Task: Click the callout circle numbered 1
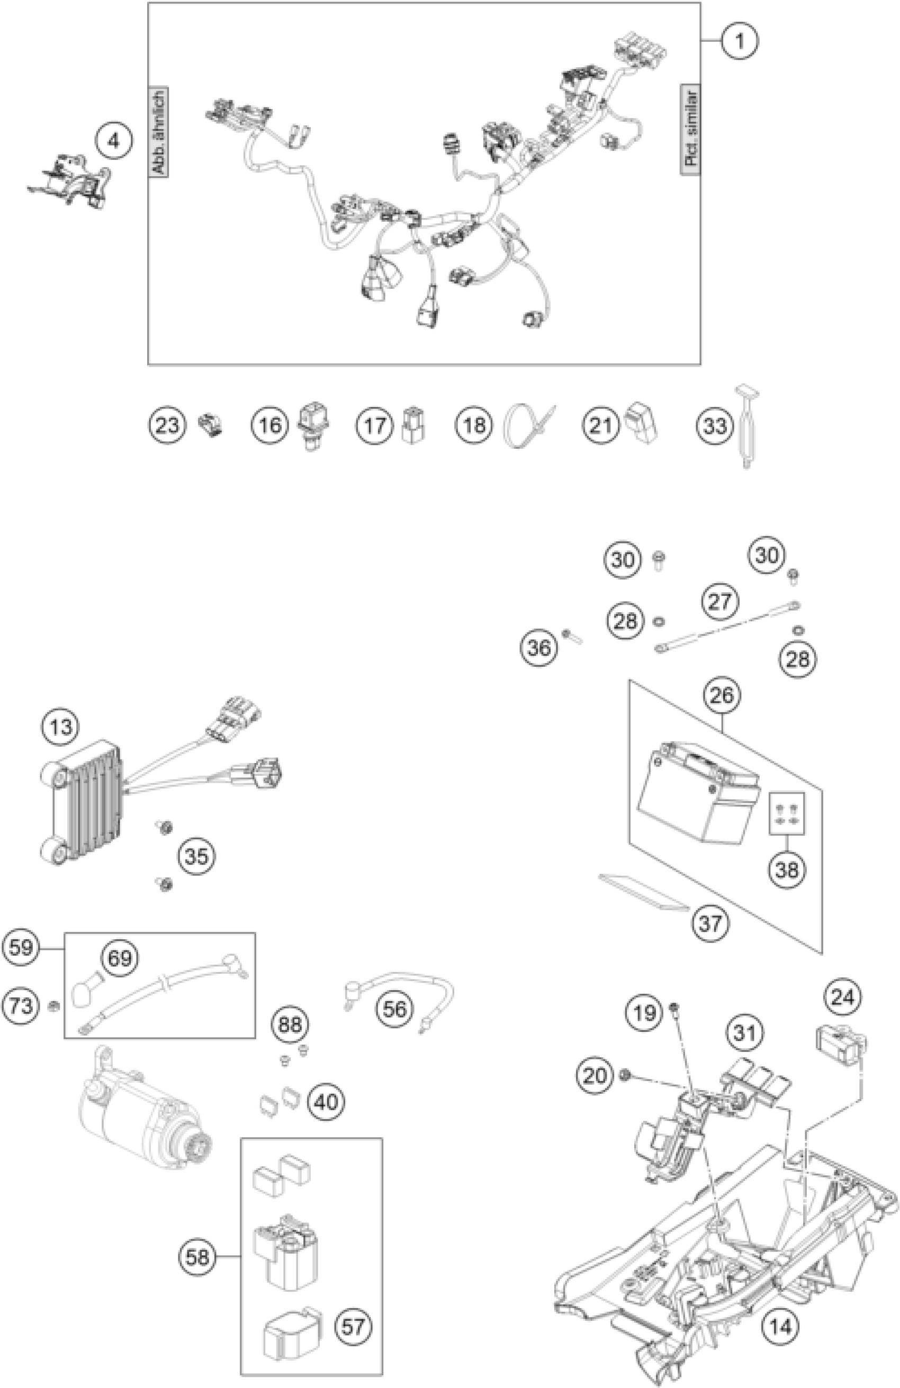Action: pyautogui.click(x=739, y=41)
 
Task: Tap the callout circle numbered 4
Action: pyautogui.click(x=114, y=141)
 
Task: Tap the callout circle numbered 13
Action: pyautogui.click(x=61, y=727)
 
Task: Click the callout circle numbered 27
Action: pyautogui.click(x=720, y=601)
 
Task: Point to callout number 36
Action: pyautogui.click(x=538, y=647)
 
